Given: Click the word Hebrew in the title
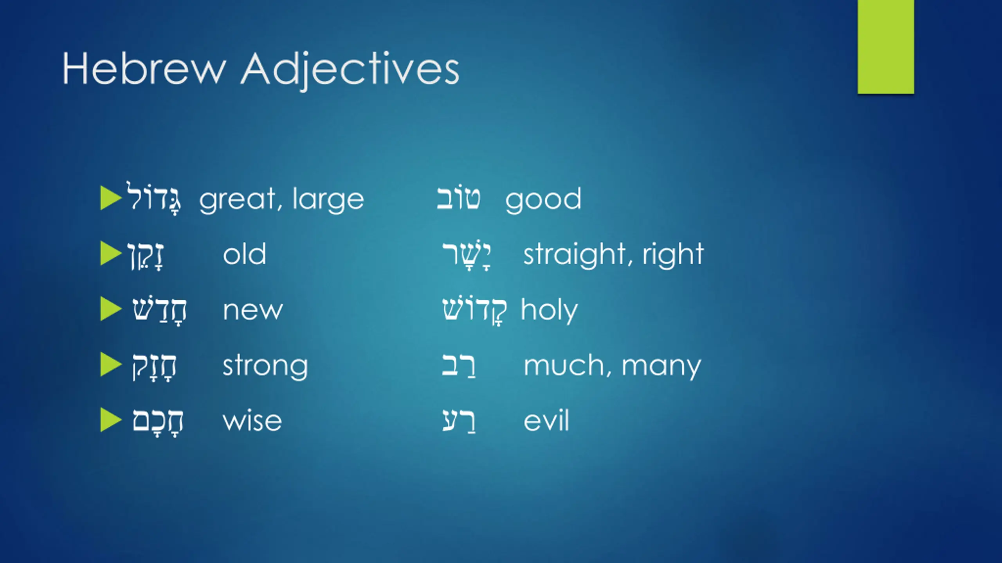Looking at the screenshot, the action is pos(144,69).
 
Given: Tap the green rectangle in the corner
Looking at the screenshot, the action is pos(886,47).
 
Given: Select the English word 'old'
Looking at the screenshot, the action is pos(245,254).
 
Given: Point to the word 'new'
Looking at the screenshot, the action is pos(253,311).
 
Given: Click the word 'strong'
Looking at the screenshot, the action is pos(265,366).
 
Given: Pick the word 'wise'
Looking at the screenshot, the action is pos(252,421).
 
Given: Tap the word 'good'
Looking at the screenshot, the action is pos(543,200).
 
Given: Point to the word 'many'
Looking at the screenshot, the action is pos(661,367).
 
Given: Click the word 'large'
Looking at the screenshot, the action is pos(328,200).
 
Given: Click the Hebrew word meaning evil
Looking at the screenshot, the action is pos(459,421).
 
